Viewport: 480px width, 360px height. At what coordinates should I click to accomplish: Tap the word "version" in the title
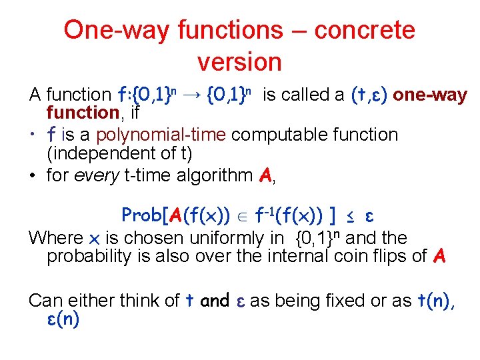pyautogui.click(x=239, y=62)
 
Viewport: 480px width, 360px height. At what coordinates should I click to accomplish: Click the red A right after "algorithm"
pyautogui.click(x=265, y=176)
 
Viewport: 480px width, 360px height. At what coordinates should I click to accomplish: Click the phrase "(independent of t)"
pyautogui.click(x=119, y=154)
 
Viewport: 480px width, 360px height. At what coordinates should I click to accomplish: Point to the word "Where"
pyautogui.click(x=56, y=238)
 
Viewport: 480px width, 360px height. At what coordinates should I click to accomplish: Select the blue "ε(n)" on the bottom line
pyautogui.click(x=63, y=319)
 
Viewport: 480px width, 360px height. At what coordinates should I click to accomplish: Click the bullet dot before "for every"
pyautogui.click(x=33, y=176)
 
